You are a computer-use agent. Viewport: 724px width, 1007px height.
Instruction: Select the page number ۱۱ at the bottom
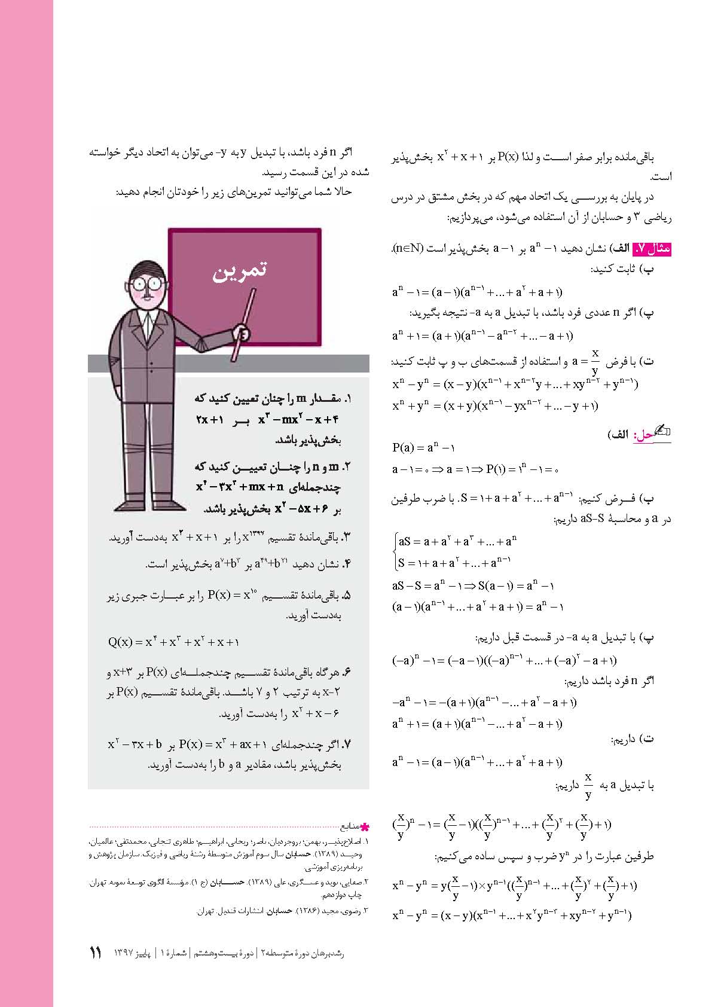coord(96,953)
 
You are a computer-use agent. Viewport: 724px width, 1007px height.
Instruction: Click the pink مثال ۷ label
coord(651,248)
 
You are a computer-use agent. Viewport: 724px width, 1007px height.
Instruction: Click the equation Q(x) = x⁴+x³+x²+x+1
coord(173,642)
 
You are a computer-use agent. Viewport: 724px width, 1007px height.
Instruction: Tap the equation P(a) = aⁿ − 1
coord(423,447)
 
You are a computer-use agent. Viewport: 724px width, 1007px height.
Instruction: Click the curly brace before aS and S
coord(395,552)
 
